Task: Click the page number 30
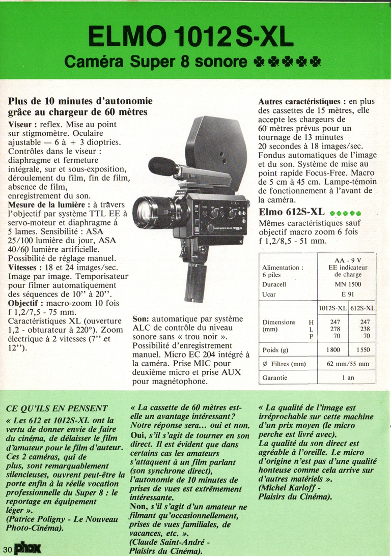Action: pyautogui.click(x=7, y=549)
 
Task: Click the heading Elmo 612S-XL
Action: pyautogui.click(x=292, y=212)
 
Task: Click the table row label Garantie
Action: pyautogui.click(x=275, y=378)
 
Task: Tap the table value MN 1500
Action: pyautogui.click(x=348, y=284)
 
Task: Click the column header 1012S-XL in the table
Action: pyautogui.click(x=333, y=308)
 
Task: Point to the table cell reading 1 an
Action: pyautogui.click(x=348, y=378)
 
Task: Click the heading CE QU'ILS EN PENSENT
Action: pyautogui.click(x=57, y=407)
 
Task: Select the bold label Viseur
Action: pyautogui.click(x=22, y=124)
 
